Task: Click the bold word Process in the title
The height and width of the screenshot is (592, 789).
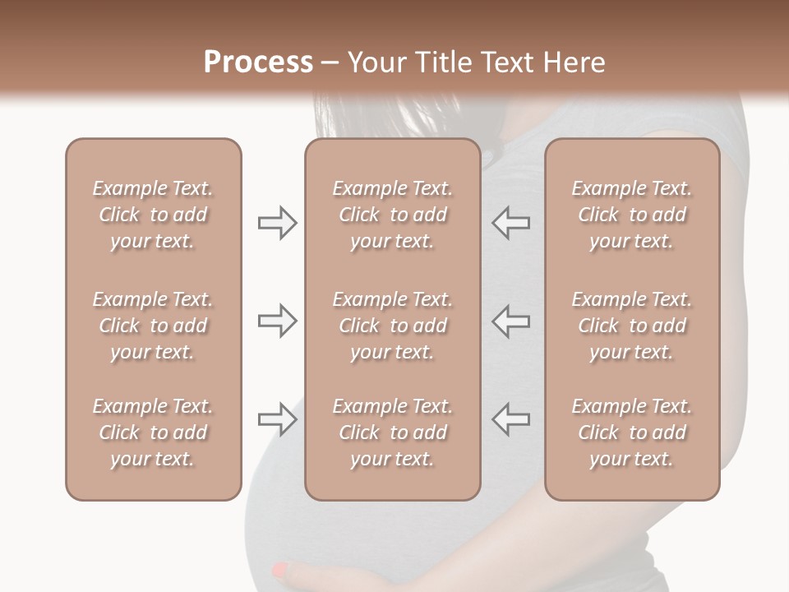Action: click(x=258, y=62)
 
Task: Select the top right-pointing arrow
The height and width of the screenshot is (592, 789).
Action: click(x=277, y=223)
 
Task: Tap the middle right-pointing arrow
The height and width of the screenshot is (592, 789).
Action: click(x=277, y=321)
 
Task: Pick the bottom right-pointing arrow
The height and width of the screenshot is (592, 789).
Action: click(x=277, y=419)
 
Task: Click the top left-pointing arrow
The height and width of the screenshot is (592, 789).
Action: click(x=510, y=223)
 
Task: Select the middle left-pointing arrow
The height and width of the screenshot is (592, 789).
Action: click(x=510, y=321)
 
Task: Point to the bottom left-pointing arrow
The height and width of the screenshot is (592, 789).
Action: click(x=510, y=419)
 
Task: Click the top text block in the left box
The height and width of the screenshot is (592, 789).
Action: click(x=153, y=215)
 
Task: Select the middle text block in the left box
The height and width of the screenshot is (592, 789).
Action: click(x=153, y=326)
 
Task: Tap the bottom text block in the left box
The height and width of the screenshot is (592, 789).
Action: click(x=153, y=432)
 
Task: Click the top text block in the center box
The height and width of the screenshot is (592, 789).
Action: click(x=392, y=215)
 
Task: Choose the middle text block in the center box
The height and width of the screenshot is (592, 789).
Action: click(x=392, y=326)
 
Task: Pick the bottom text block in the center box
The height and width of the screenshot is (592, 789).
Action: click(x=392, y=432)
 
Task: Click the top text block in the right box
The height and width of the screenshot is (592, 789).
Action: click(x=631, y=215)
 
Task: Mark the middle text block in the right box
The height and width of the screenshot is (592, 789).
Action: click(x=631, y=326)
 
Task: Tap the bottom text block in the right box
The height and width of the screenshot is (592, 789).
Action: click(x=631, y=432)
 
